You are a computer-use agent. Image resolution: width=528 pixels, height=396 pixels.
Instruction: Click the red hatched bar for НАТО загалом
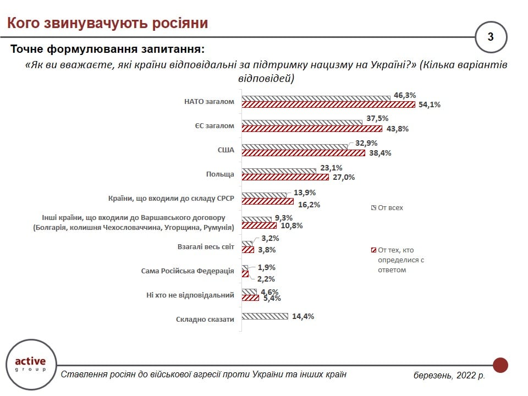click(328, 105)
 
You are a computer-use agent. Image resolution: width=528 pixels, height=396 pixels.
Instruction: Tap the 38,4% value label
click(380, 153)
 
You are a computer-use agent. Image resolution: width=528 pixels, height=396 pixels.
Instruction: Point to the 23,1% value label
click(331, 168)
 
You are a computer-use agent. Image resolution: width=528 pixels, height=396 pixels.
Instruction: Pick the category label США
click(226, 150)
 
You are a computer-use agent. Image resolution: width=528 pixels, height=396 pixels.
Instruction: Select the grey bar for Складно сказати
click(265, 316)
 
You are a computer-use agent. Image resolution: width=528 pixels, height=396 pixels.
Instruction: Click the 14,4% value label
click(303, 316)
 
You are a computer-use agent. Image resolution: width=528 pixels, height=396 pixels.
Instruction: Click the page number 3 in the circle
click(491, 37)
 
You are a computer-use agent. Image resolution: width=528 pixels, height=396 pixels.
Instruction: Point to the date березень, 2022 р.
click(449, 376)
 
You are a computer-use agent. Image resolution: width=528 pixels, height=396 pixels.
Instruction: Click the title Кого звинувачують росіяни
click(107, 24)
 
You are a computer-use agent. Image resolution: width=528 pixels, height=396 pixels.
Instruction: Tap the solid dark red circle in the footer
click(500, 365)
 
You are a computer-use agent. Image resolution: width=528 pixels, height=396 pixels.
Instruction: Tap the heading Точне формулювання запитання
click(107, 50)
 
